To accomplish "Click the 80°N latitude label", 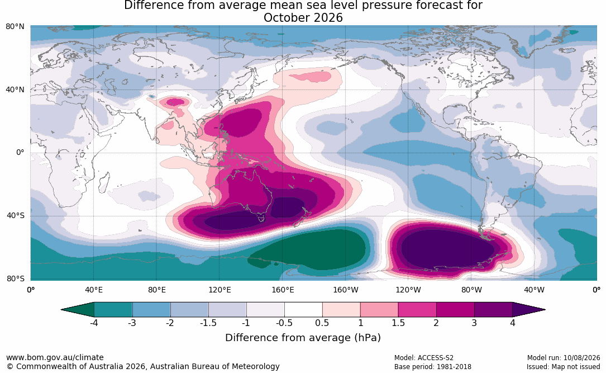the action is [15, 26].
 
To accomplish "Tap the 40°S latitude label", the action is [15, 215].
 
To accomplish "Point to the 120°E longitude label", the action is [220, 290].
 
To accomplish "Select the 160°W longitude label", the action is [346, 290].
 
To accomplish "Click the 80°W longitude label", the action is [471, 290].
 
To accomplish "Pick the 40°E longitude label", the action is [94, 290].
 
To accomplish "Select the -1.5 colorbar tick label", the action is [208, 323].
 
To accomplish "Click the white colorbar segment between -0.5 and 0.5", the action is [303, 310].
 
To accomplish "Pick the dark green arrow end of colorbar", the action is [78, 310].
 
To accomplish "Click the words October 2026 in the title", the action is [303, 18].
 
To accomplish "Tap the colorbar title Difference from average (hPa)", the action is [303, 337].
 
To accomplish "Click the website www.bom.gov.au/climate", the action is [55, 357].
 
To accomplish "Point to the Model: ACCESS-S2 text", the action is [423, 358].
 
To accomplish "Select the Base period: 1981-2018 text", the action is [432, 366].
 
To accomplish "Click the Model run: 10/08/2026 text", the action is [564, 358].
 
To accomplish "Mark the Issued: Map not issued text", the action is [563, 366].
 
